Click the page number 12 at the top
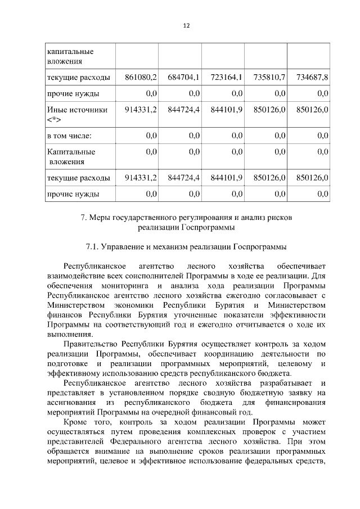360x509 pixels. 186,26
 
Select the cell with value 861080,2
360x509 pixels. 141,76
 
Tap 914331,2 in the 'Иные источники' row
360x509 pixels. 141,110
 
